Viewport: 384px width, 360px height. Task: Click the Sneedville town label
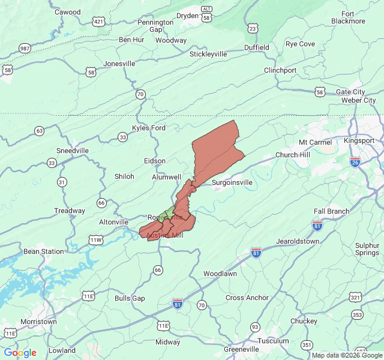[72, 150]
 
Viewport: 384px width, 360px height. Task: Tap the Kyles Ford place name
[149, 128]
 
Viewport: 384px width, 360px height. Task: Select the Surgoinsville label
[232, 182]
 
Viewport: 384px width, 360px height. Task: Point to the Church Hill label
[293, 155]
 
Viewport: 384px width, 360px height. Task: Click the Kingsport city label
[359, 140]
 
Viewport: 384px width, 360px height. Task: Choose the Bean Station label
[43, 251]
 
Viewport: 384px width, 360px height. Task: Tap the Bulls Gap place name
[130, 298]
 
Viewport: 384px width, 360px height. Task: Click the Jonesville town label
[119, 64]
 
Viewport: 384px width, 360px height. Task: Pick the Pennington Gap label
[155, 26]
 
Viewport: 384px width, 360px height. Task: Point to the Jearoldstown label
[298, 241]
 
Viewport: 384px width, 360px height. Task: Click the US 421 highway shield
[98, 22]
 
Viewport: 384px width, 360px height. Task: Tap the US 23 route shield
[253, 28]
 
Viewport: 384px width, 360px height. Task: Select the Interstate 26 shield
[355, 161]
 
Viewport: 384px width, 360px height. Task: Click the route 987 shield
[25, 48]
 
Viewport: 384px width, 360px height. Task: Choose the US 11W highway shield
[96, 241]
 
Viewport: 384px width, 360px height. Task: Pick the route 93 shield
[256, 326]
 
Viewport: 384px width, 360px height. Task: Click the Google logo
[20, 353]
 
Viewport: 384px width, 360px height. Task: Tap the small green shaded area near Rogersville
[170, 212]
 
